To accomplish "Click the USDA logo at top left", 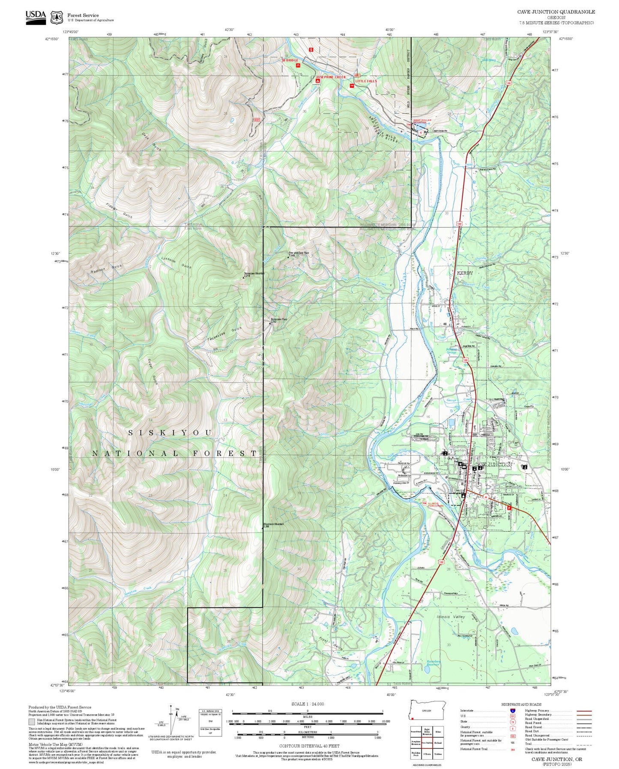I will pyautogui.click(x=36, y=17).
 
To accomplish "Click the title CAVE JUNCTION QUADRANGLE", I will pyautogui.click(x=556, y=12).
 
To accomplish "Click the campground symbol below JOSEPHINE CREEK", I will pyautogui.click(x=317, y=81).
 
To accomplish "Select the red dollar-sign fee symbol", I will pyautogui.click(x=311, y=49).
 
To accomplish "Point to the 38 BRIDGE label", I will pyautogui.click(x=290, y=60).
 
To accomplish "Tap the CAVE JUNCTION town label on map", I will pyautogui.click(x=493, y=464).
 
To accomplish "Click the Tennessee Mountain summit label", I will pyautogui.click(x=254, y=274).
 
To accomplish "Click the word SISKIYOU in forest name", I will pyautogui.click(x=170, y=433).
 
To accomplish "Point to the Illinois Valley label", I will pyautogui.click(x=451, y=616).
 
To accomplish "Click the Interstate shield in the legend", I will pyautogui.click(x=512, y=710).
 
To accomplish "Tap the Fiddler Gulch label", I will pyautogui.click(x=119, y=210).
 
